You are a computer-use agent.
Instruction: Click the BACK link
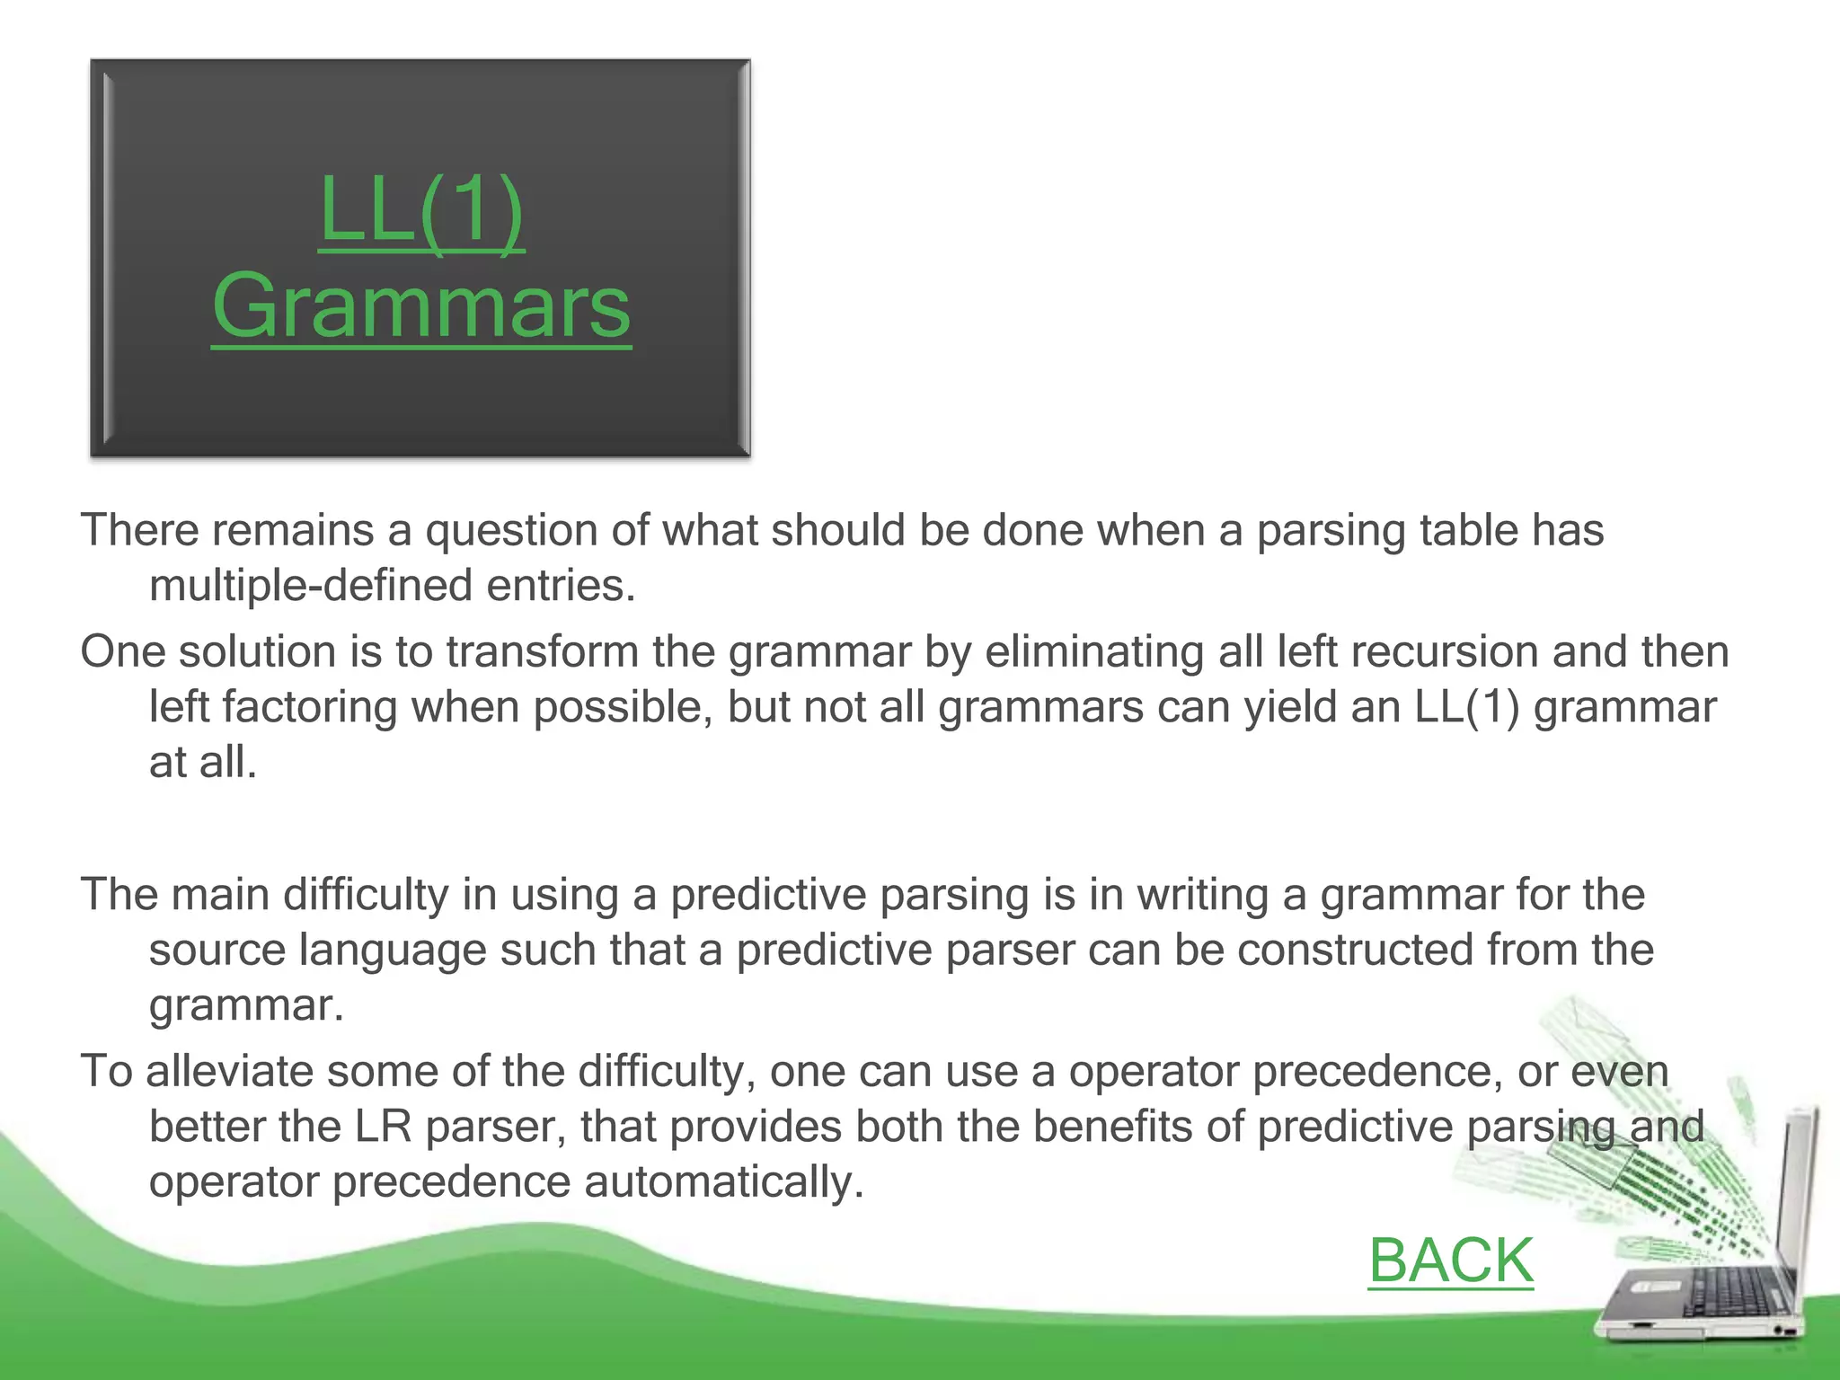coord(1450,1260)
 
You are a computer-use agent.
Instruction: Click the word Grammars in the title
coord(421,306)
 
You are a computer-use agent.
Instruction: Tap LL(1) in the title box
coord(421,210)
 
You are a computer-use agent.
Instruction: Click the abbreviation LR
coord(383,1127)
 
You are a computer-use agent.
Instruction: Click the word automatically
coord(723,1182)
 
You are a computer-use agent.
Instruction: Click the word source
coord(217,950)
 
